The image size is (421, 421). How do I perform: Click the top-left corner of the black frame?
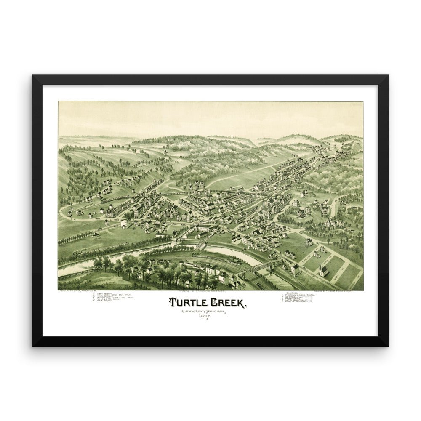(33, 75)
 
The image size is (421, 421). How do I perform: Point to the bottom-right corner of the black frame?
(388, 346)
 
